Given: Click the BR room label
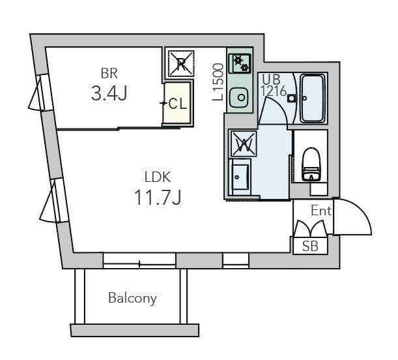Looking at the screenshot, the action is click(x=109, y=74).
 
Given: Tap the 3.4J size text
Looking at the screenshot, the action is click(x=109, y=93).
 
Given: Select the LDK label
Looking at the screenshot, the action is click(x=158, y=177).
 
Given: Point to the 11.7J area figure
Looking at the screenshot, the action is click(x=158, y=198).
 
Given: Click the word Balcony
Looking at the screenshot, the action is click(x=132, y=298).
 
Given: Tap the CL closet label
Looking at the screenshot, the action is click(x=177, y=104).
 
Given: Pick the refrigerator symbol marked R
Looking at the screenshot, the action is click(x=181, y=63).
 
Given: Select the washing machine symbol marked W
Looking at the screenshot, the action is click(x=243, y=144).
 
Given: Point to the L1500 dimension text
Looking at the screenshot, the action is click(x=218, y=82).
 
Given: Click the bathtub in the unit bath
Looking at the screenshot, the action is click(x=313, y=98).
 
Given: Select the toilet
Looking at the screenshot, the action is click(x=311, y=164).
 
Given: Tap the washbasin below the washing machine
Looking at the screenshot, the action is click(x=240, y=177).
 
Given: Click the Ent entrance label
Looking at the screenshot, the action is click(x=321, y=211).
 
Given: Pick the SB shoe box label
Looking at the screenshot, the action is click(x=310, y=246).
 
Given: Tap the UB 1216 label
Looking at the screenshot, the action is click(x=274, y=85).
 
